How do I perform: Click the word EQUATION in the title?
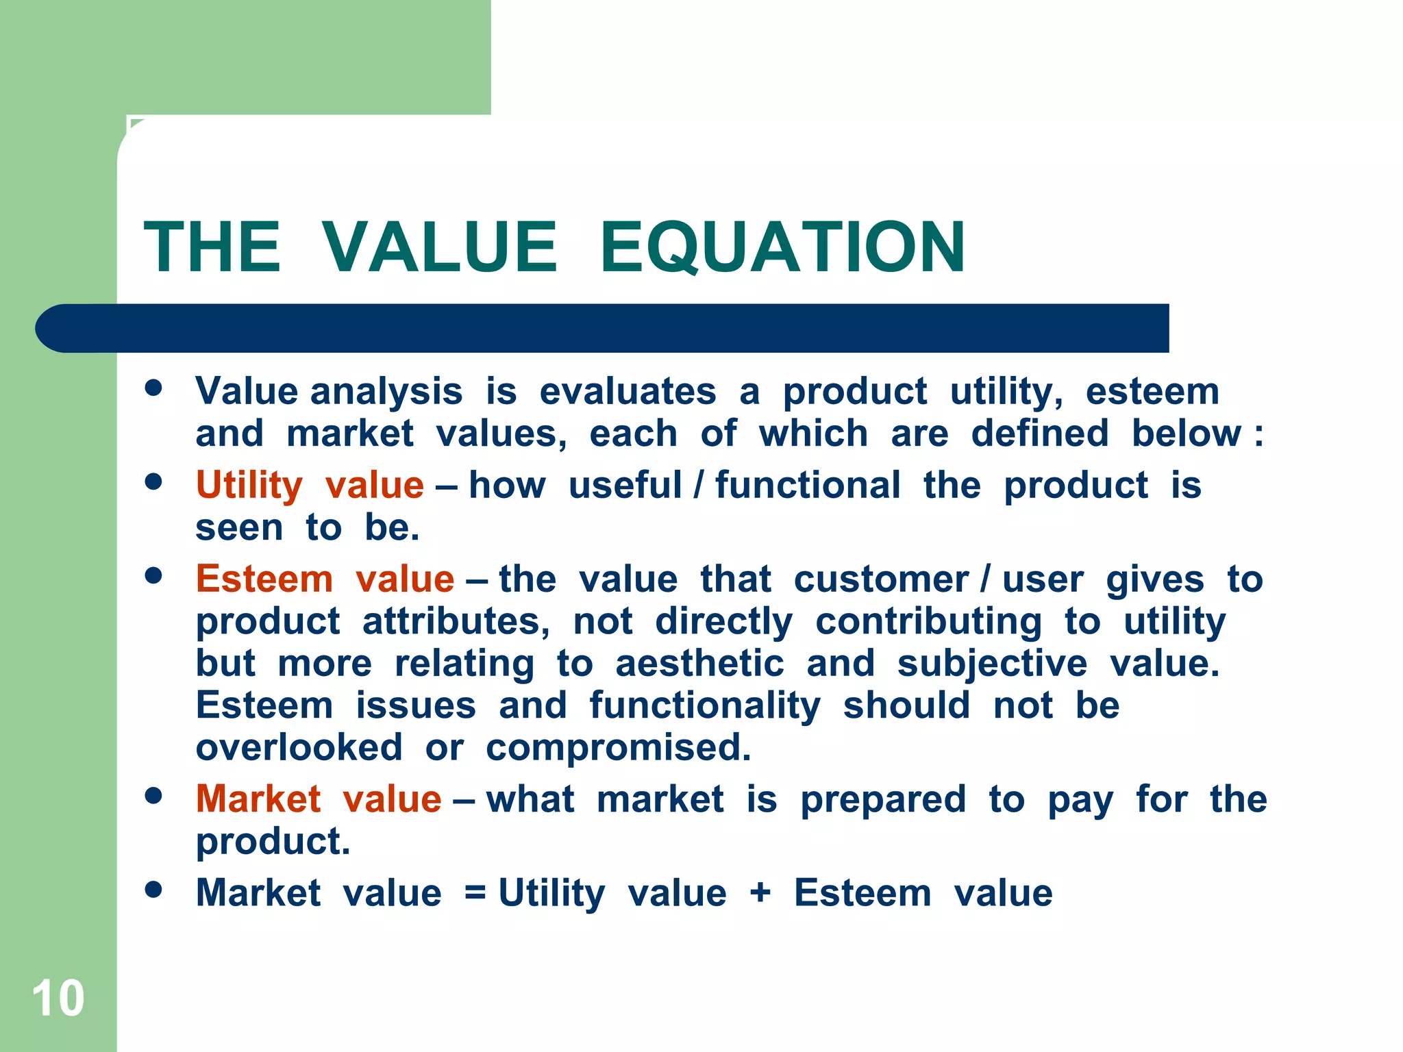[782, 247]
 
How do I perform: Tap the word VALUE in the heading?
[439, 247]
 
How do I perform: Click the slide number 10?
[58, 999]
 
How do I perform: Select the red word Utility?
[249, 486]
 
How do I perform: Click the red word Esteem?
[264, 579]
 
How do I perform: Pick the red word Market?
[258, 799]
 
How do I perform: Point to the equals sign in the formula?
[475, 894]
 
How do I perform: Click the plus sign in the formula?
[760, 894]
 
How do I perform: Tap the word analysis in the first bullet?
[386, 392]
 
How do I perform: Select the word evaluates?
[628, 392]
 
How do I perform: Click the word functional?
[808, 486]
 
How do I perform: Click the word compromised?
[619, 748]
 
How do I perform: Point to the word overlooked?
[299, 748]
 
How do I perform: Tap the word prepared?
[883, 800]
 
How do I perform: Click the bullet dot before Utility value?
[153, 481]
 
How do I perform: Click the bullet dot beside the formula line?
[153, 889]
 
